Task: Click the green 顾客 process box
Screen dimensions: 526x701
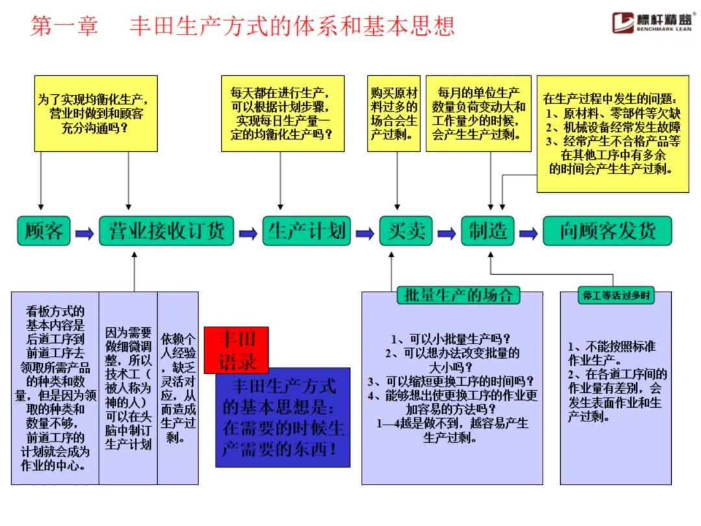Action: [43, 231]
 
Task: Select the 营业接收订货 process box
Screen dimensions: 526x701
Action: [166, 231]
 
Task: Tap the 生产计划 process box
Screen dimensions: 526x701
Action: [307, 231]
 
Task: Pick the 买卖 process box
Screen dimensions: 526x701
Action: [406, 231]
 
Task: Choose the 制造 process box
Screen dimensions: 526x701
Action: [487, 231]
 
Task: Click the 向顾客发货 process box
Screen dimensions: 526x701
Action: [608, 231]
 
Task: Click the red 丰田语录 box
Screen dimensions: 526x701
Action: [236, 349]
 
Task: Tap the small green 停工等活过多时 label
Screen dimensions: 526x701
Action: [616, 295]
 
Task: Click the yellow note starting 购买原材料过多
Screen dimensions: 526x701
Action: [394, 114]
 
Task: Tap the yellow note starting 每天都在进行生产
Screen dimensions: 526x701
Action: [280, 114]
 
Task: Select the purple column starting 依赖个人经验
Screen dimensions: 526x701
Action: [178, 388]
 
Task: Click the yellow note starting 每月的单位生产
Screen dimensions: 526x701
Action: [478, 114]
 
